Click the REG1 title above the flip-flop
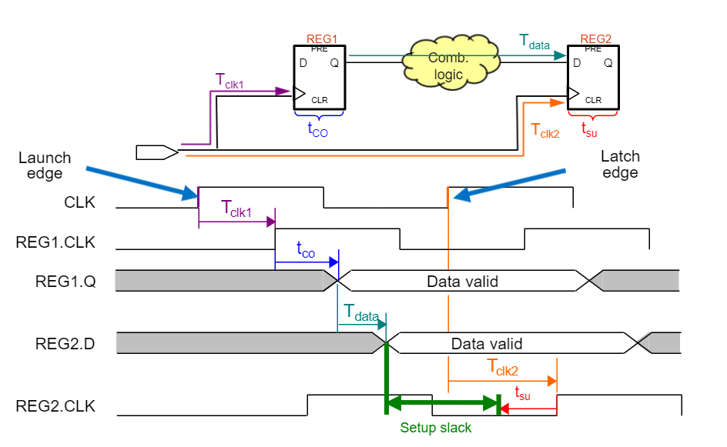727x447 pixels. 322,38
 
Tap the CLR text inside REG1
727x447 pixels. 320,100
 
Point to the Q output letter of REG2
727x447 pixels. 608,63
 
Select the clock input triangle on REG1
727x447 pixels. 300,93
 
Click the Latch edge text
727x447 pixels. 620,164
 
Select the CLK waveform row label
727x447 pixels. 80,203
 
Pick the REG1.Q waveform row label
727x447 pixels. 65,281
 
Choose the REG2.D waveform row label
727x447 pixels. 65,343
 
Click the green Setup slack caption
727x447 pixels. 436,428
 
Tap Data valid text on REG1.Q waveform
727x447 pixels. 462,282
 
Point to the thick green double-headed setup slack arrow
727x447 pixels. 442,402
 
